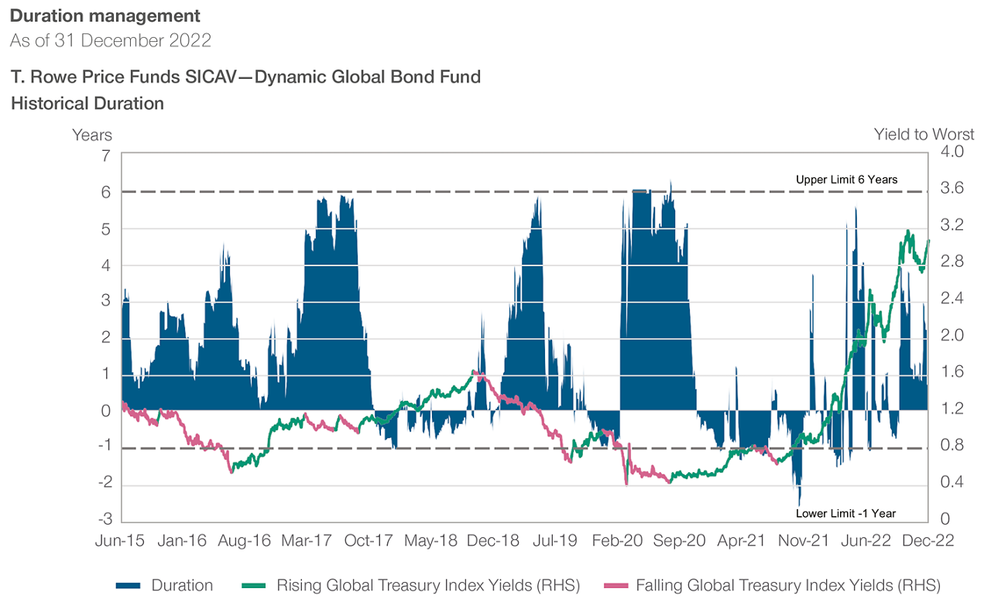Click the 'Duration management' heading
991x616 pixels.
point(105,15)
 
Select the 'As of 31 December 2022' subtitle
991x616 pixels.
point(111,41)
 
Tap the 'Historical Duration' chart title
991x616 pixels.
point(87,104)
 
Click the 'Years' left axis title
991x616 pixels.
point(92,135)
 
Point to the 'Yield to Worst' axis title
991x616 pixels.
point(924,135)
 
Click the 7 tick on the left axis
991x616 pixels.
point(105,156)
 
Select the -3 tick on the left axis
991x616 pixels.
point(103,518)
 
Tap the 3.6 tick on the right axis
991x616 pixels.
point(952,188)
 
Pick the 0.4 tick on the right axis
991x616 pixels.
point(952,483)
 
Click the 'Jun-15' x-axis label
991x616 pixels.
point(120,541)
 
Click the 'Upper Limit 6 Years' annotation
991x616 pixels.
point(846,180)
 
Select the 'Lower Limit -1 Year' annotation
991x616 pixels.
point(845,513)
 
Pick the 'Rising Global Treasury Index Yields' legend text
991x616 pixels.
point(428,586)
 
